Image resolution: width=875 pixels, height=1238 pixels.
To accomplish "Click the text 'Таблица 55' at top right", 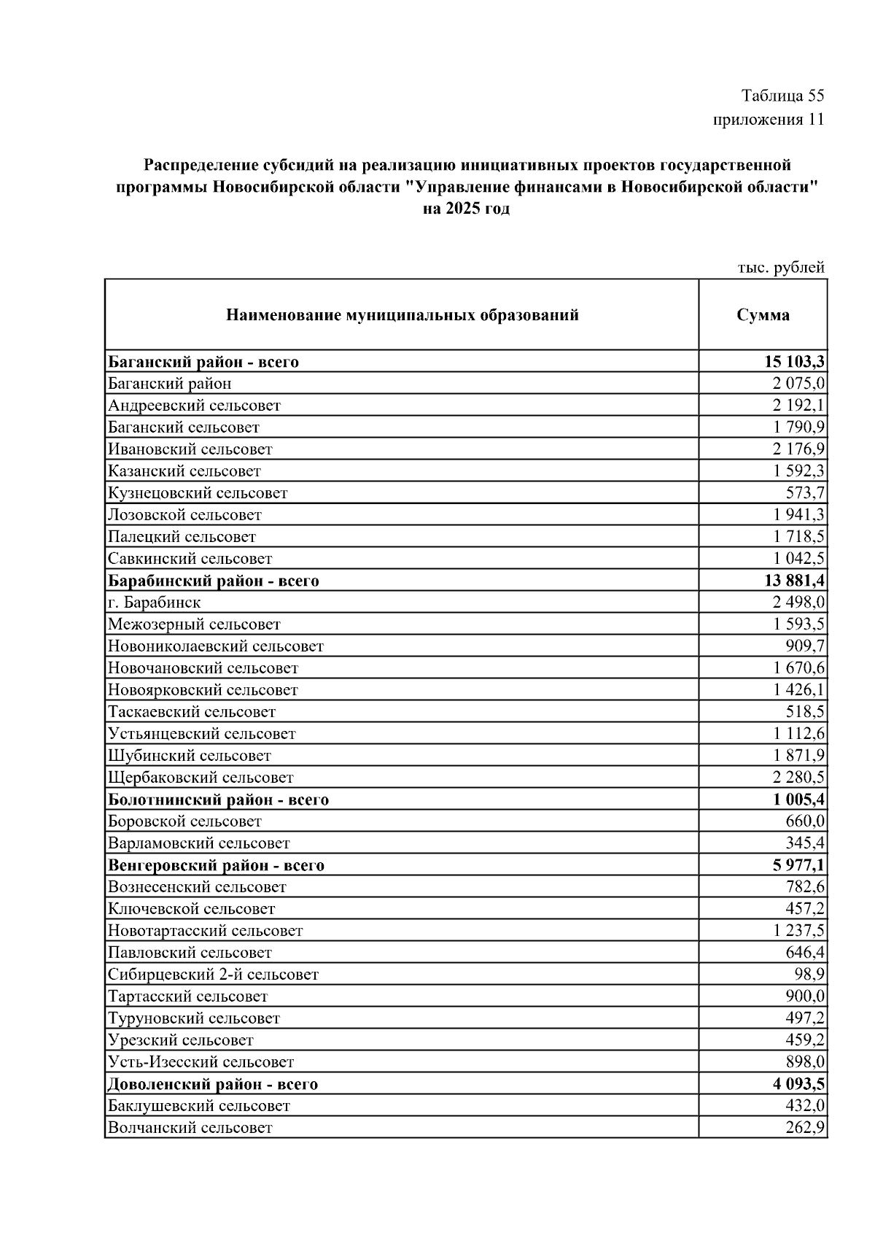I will [x=782, y=96].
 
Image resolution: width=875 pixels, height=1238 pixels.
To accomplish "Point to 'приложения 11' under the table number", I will [x=769, y=120].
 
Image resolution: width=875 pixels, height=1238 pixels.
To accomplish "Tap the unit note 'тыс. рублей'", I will [x=781, y=268].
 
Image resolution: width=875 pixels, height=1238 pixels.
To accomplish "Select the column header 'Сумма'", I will [x=763, y=315].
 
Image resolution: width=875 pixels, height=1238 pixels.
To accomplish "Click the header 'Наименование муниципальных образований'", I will [x=402, y=315].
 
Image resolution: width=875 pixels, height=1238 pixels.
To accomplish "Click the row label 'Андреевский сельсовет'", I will [x=194, y=406].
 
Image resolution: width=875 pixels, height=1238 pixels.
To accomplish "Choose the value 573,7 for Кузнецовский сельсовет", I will [x=805, y=493].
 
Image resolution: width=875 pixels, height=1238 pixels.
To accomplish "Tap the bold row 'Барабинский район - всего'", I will [x=214, y=581].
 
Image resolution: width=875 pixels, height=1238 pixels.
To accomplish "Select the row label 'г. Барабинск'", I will [x=154, y=603].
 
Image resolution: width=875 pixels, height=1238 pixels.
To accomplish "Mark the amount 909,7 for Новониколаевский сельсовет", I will [x=805, y=646].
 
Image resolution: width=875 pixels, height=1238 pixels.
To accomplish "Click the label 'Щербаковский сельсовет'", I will [x=201, y=778].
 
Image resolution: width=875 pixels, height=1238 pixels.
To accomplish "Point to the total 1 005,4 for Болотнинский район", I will [x=799, y=800].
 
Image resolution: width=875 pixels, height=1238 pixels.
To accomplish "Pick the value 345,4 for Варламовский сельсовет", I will [x=805, y=843].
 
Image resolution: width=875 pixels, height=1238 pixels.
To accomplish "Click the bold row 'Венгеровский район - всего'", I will [x=216, y=866].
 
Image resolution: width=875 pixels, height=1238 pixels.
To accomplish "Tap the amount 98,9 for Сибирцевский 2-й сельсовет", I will [x=809, y=975].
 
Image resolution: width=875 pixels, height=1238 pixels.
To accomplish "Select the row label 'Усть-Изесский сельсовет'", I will [x=201, y=1062].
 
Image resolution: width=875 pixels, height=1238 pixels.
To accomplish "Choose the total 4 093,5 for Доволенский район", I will [x=799, y=1084].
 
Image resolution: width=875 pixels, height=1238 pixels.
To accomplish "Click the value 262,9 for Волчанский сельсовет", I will [x=805, y=1128].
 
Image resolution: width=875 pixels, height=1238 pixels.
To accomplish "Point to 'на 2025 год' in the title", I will [x=467, y=209].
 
